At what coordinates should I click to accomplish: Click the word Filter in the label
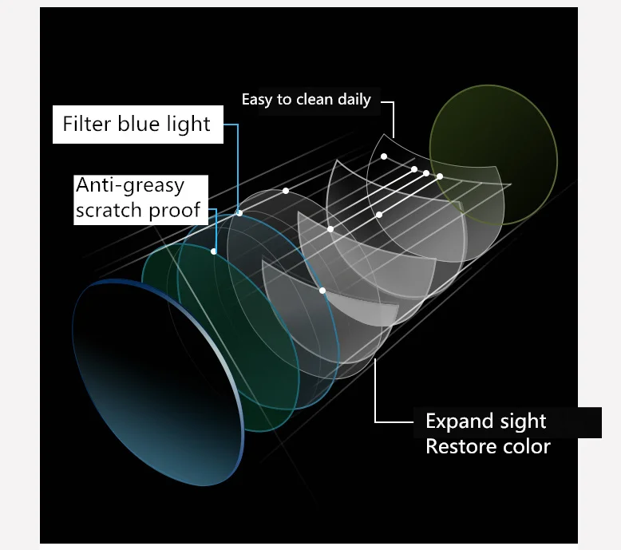[87, 124]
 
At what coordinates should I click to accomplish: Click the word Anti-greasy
[130, 185]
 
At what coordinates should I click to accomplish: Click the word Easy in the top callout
[256, 100]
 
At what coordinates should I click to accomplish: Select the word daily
[354, 100]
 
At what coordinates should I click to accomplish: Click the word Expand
[459, 421]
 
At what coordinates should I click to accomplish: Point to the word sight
[522, 421]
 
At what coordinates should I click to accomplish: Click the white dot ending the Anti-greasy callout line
[214, 251]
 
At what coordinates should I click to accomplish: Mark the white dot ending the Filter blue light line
[239, 213]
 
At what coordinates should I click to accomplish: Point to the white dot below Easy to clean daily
[384, 156]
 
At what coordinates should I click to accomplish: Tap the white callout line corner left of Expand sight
[376, 421]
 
